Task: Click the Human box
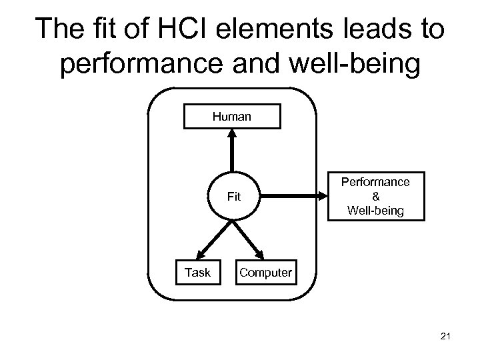coord(232,116)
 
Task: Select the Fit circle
coord(233,197)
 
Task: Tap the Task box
coord(197,272)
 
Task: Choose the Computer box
coord(265,272)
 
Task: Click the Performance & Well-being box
coord(375,197)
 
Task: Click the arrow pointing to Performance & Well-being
coord(293,197)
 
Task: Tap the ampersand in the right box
coord(375,197)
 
